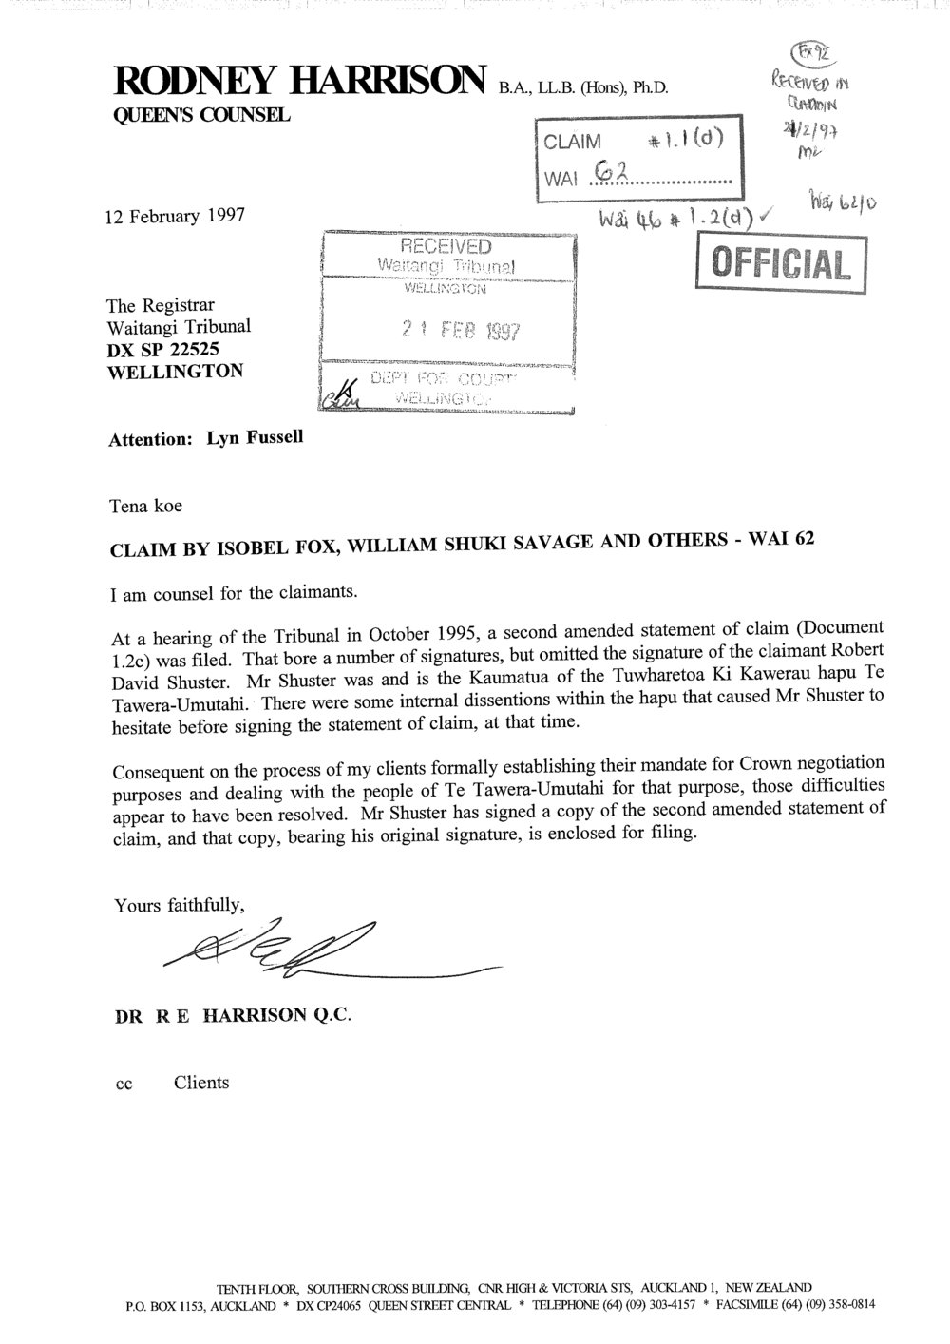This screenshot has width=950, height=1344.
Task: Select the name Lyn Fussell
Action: [x=256, y=439]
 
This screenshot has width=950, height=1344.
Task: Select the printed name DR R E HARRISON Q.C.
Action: [x=233, y=1014]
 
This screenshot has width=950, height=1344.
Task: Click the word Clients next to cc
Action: [x=201, y=1082]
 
